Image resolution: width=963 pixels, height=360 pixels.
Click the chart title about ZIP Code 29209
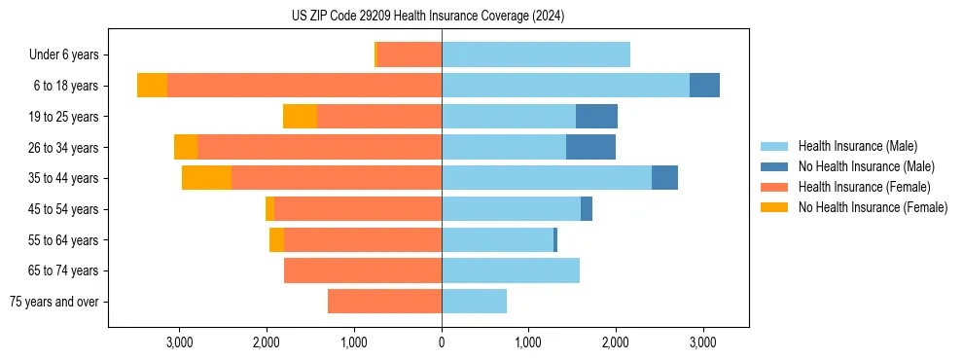428,17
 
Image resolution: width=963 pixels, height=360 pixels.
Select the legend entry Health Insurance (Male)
856,146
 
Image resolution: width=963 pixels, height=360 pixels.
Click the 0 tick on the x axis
442,342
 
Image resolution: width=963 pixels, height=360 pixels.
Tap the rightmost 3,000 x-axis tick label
703,342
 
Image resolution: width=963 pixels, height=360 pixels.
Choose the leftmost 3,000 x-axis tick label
180,342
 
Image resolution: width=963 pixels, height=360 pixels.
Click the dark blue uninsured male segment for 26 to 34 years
590,147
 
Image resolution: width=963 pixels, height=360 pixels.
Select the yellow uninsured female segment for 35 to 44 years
206,178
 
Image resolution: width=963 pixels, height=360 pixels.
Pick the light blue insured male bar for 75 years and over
474,302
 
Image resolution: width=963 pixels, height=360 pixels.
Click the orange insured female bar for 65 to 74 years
363,270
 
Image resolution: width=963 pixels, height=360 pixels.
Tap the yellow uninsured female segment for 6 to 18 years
152,86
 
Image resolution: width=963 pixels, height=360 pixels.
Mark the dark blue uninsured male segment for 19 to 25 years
596,117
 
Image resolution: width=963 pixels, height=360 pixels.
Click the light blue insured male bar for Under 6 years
536,55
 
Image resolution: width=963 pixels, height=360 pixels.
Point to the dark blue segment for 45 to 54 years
587,209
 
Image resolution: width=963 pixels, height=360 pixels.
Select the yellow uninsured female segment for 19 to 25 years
300,117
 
